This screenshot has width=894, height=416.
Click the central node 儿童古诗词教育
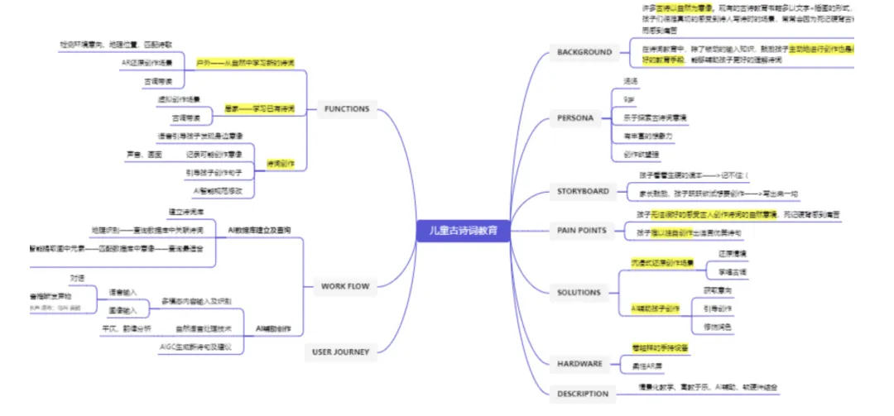click(x=463, y=229)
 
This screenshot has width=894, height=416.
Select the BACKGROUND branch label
click(x=584, y=52)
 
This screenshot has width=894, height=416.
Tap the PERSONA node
click(x=575, y=118)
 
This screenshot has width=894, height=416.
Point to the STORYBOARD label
click(x=583, y=192)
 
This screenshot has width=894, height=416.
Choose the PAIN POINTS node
click(x=582, y=231)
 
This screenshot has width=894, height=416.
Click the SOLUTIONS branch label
click(x=579, y=292)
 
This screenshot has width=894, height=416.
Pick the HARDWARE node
click(x=579, y=363)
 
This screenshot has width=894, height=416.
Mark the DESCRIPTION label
click(x=583, y=394)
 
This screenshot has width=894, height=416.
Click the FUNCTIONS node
click(x=347, y=109)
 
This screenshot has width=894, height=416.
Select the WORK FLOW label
click(x=344, y=286)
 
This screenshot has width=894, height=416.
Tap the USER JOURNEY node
click(x=341, y=351)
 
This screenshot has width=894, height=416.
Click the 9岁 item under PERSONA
click(x=631, y=99)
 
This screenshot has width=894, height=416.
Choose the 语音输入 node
click(x=123, y=292)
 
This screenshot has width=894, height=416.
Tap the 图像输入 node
click(x=123, y=309)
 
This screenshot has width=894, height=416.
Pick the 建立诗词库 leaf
click(x=186, y=213)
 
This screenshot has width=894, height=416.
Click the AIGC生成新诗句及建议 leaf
click(x=195, y=347)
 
